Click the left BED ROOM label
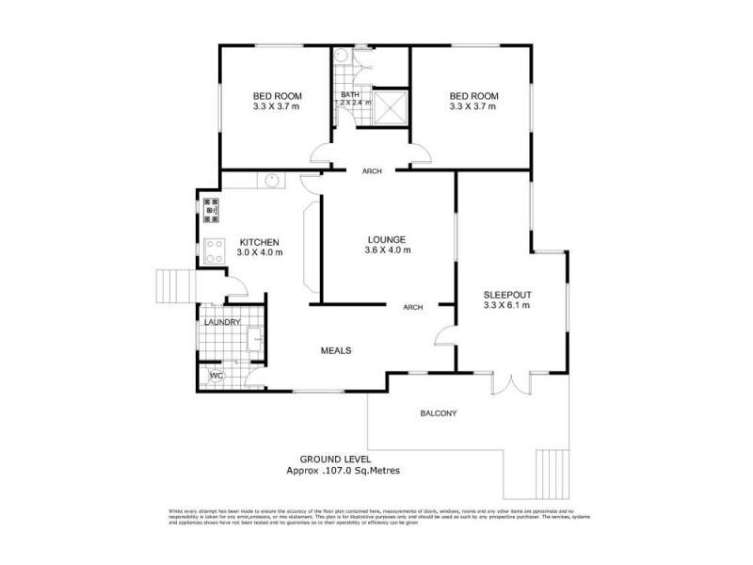point(276,96)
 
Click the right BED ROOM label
point(473,96)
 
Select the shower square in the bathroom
point(391,105)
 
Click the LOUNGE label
point(387,239)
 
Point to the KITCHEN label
point(259,242)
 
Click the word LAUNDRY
point(223,323)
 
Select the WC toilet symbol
point(216,377)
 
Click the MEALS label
point(336,350)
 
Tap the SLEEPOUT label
point(506,294)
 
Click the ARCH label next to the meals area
point(412,307)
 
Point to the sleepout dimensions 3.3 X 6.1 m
point(506,305)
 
